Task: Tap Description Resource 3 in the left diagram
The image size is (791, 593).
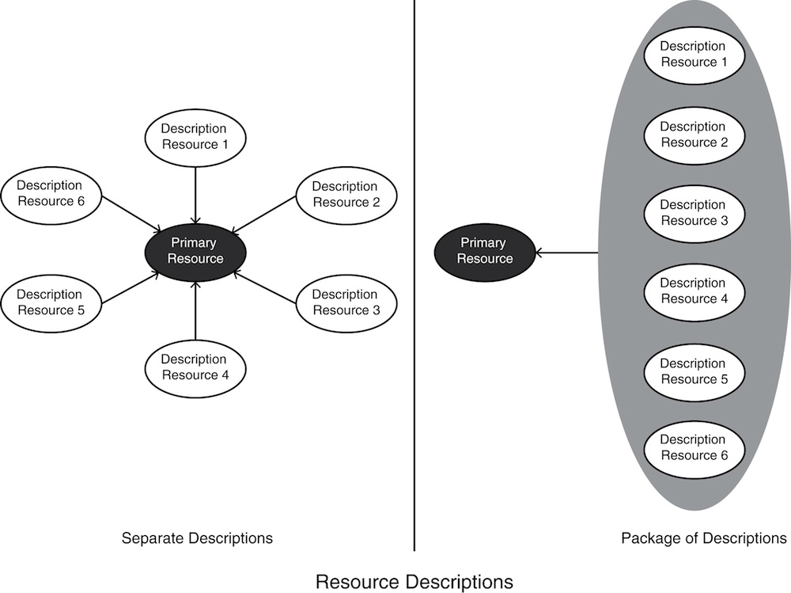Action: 346,302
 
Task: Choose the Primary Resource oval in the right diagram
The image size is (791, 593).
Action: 485,251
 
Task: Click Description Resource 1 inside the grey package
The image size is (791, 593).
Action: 693,54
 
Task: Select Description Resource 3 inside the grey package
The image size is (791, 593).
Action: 693,212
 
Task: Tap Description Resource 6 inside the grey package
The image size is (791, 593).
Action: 693,447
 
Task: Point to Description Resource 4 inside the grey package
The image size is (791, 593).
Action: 693,291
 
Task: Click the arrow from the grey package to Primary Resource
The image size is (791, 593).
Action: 567,253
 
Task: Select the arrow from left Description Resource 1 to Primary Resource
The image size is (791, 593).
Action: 195,193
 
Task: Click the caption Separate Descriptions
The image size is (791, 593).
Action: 197,538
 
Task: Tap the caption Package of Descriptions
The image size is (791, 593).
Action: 704,538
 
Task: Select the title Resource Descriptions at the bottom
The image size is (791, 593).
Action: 414,582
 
